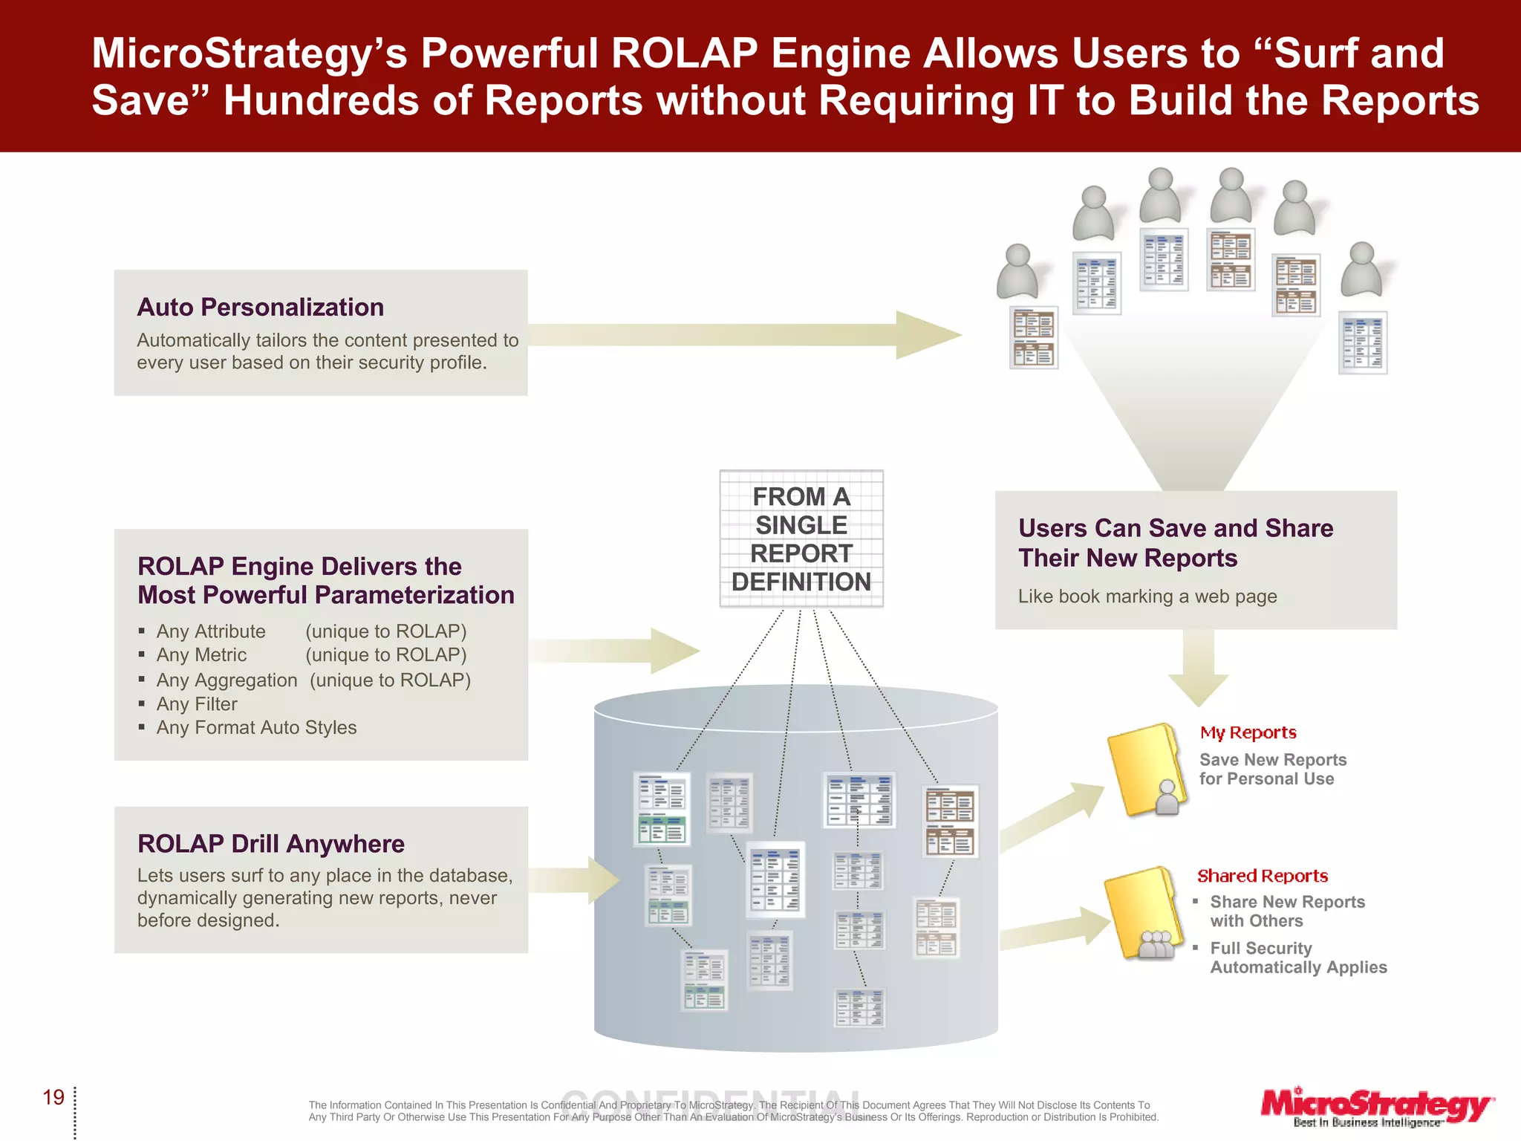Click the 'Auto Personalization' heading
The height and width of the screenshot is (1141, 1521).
[x=260, y=307]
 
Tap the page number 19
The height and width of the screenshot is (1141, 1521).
[x=53, y=1097]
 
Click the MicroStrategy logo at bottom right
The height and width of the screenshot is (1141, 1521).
[x=1376, y=1107]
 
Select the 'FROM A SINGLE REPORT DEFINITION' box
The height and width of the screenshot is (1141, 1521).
[x=801, y=539]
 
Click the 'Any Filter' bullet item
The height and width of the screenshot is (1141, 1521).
[x=197, y=703]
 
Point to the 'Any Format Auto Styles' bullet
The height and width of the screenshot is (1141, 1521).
[x=256, y=727]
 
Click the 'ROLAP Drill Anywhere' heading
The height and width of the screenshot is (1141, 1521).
[x=271, y=844]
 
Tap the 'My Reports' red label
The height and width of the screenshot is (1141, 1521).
[x=1248, y=732]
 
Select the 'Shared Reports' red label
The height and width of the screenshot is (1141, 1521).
[x=1262, y=876]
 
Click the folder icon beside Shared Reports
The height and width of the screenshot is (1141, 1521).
[x=1142, y=914]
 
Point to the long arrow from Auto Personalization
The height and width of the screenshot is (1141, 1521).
[x=743, y=335]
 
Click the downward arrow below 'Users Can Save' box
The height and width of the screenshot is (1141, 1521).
[x=1198, y=669]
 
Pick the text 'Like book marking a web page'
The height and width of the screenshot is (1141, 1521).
[x=1147, y=596]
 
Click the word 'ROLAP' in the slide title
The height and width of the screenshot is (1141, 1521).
[x=684, y=53]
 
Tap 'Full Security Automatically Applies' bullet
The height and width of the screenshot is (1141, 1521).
[x=1298, y=958]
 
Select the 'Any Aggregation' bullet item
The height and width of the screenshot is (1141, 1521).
[x=227, y=680]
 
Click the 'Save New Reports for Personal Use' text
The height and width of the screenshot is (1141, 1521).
[x=1272, y=769]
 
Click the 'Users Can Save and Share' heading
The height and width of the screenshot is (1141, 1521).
[x=1175, y=528]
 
